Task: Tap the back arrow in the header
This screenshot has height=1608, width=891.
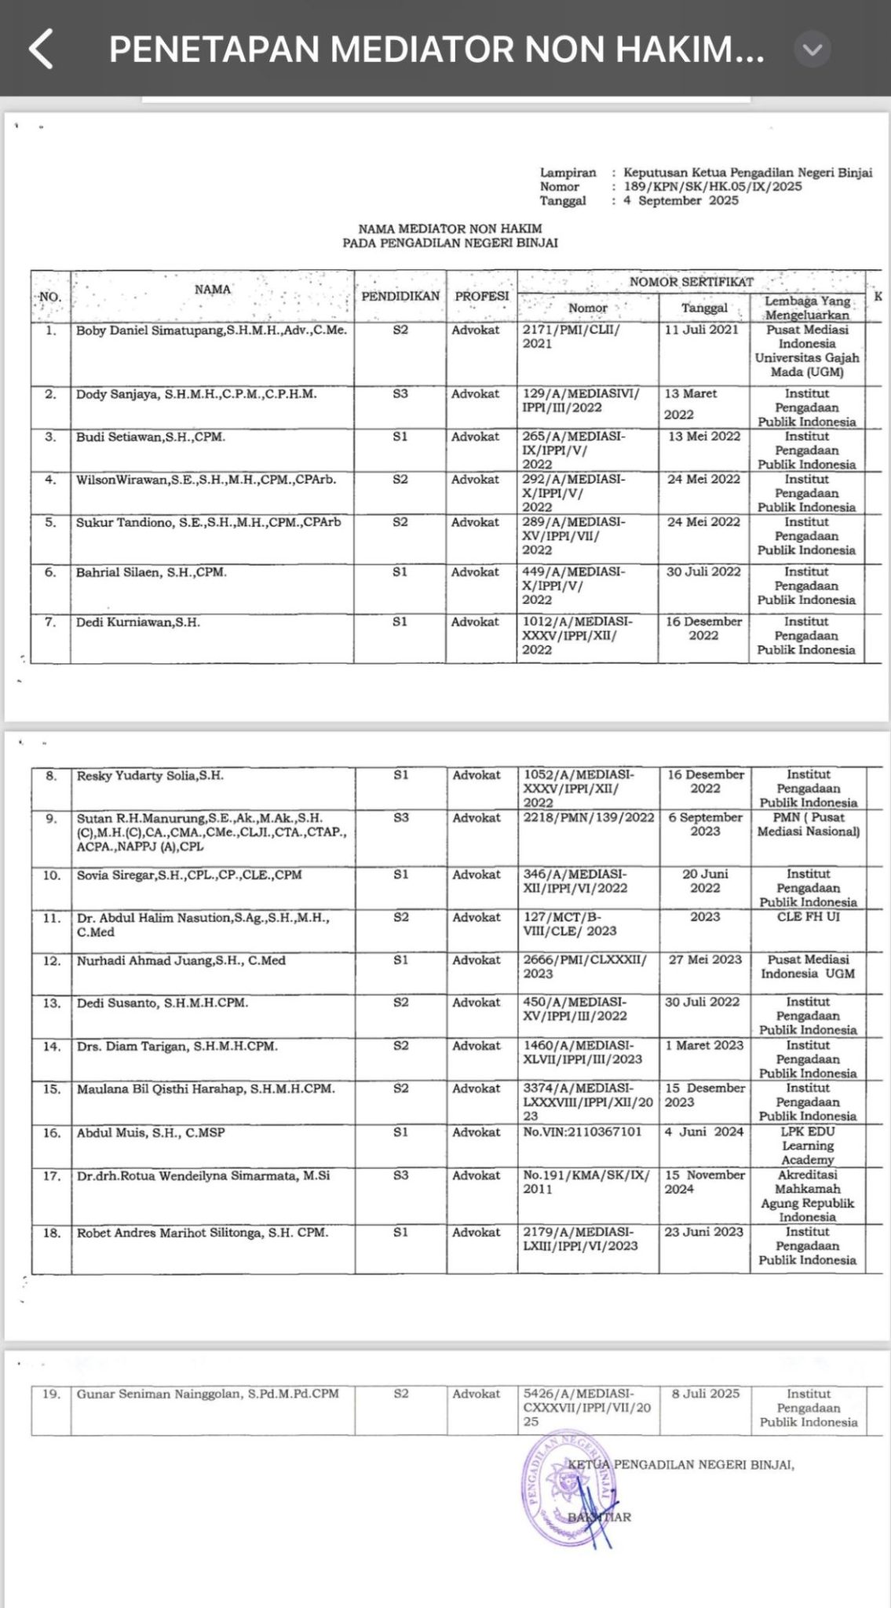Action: (x=41, y=49)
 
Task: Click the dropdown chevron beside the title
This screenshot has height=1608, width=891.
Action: (x=812, y=49)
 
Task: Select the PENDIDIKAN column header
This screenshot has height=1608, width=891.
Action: (x=400, y=296)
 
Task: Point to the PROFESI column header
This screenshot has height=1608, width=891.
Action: (x=481, y=296)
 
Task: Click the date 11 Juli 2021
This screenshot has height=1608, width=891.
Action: (x=701, y=330)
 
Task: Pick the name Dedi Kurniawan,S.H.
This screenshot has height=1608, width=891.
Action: (x=138, y=622)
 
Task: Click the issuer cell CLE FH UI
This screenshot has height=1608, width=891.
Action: (x=808, y=916)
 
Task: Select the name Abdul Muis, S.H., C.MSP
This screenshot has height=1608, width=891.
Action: (x=151, y=1132)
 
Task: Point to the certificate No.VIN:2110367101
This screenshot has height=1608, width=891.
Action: (x=582, y=1132)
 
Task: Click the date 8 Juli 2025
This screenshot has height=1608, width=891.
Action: (x=705, y=1393)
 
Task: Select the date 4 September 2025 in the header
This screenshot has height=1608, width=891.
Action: (x=681, y=201)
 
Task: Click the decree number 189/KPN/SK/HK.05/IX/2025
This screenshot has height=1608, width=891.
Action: (x=713, y=187)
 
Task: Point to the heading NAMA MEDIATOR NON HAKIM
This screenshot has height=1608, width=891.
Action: (x=450, y=228)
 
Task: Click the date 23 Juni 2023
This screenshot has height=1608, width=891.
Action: (x=703, y=1232)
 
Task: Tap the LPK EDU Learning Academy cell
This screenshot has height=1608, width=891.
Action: (x=808, y=1146)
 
